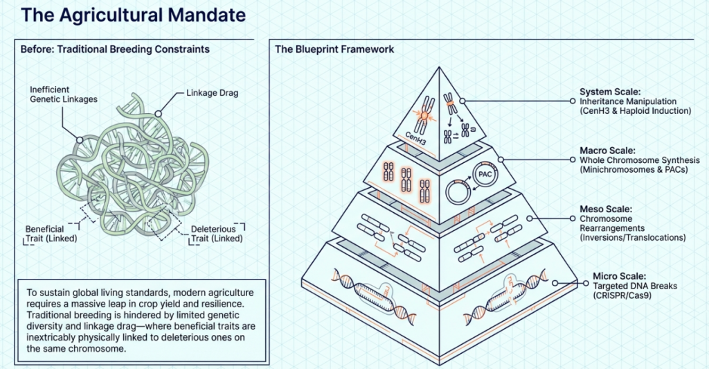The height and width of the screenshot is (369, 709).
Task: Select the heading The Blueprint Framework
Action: point(334,49)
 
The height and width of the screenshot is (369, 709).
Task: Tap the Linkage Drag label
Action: point(212,93)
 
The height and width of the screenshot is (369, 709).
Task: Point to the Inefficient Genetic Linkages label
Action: point(64,94)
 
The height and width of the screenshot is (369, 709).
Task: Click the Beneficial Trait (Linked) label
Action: point(50,234)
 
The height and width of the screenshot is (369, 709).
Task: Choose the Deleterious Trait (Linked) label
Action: point(213,234)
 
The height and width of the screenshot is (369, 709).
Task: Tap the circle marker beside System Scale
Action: point(572,101)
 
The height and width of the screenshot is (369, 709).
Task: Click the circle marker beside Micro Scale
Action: point(573,284)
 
